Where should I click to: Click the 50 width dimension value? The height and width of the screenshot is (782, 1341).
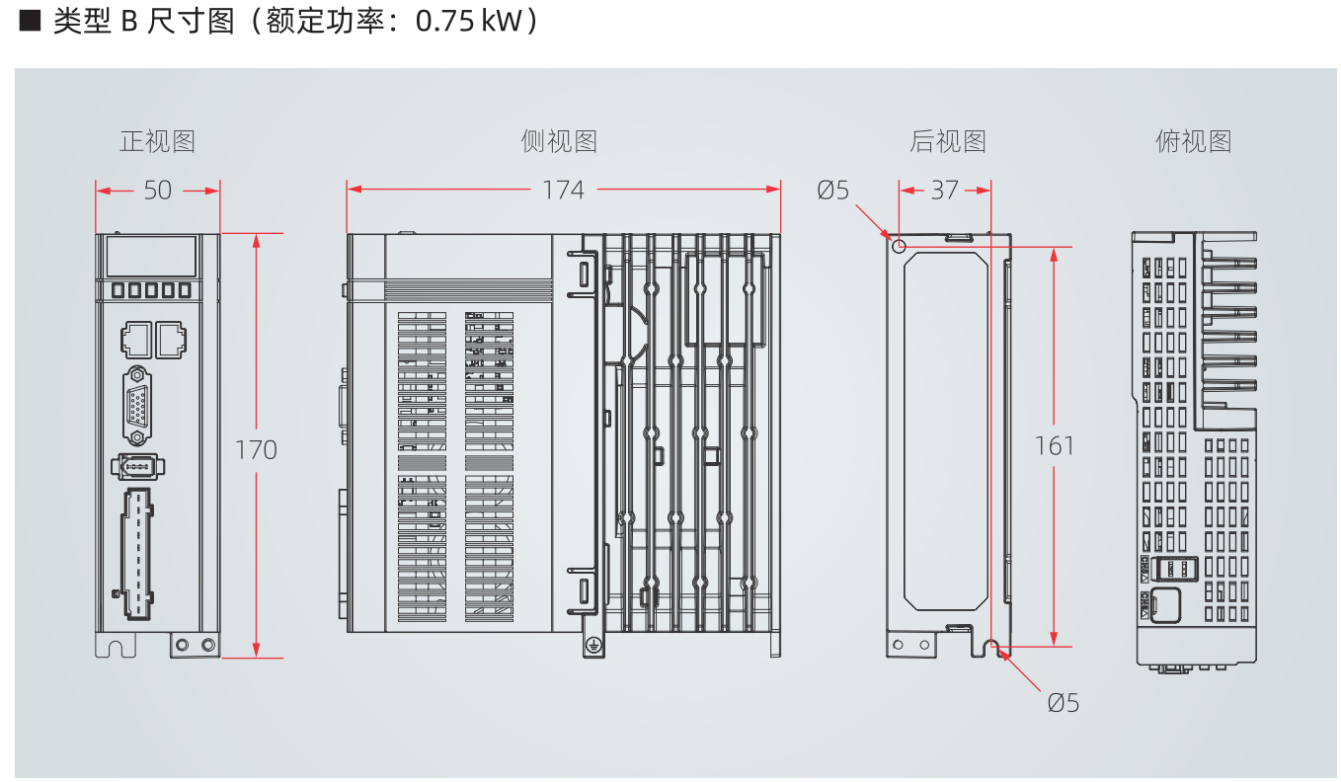158,190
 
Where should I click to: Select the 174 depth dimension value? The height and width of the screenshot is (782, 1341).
563,190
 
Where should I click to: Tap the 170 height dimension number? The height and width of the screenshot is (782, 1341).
256,450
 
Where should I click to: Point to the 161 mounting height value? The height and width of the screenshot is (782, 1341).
1055,446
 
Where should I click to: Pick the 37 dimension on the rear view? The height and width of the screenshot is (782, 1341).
944,190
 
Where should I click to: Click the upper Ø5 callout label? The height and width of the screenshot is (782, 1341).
832,190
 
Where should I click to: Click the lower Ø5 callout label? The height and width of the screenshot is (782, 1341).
1064,703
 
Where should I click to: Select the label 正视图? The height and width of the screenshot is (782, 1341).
158,141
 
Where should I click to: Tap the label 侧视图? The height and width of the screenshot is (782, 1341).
559,141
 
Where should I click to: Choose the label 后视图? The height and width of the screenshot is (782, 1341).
948,141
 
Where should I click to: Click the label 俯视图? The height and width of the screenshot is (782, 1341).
1194,141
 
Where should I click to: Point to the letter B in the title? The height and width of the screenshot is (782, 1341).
127,23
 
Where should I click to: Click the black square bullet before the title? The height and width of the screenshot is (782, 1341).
29,22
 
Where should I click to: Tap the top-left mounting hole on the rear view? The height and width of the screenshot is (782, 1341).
899,246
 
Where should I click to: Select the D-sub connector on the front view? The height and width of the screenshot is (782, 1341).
137,405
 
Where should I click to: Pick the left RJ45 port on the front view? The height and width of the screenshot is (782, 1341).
134,340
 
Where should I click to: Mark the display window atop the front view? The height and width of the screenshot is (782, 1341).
150,256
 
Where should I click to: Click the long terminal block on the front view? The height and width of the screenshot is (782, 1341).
138,553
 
